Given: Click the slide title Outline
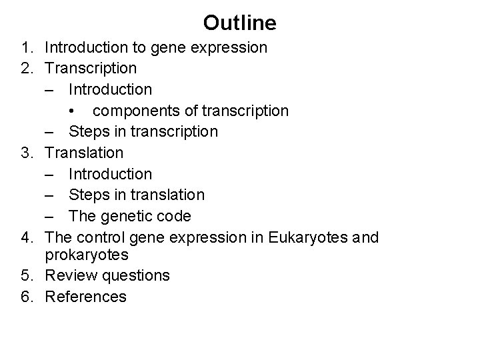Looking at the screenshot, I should click(239, 23).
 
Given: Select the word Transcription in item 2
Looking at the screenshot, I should click(91, 68).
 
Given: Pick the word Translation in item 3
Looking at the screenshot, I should click(84, 153).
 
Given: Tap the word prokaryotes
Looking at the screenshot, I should click(89, 255).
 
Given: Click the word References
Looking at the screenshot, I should click(85, 297).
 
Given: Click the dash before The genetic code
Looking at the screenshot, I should click(53, 216).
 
